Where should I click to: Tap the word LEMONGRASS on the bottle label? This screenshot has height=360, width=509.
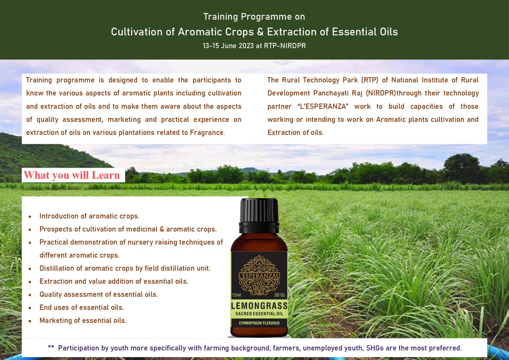click(259, 306)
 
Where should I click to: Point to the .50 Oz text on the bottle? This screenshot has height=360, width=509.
click(280, 295)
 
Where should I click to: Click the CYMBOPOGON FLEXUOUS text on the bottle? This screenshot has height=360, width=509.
click(259, 323)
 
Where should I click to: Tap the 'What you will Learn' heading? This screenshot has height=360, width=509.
click(72, 175)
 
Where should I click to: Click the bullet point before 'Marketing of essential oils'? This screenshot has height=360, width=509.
click(29, 321)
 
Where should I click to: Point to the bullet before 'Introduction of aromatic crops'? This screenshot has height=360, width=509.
click(29, 217)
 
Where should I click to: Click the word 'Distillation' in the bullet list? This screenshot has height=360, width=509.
click(58, 268)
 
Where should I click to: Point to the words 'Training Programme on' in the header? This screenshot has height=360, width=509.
click(254, 17)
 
